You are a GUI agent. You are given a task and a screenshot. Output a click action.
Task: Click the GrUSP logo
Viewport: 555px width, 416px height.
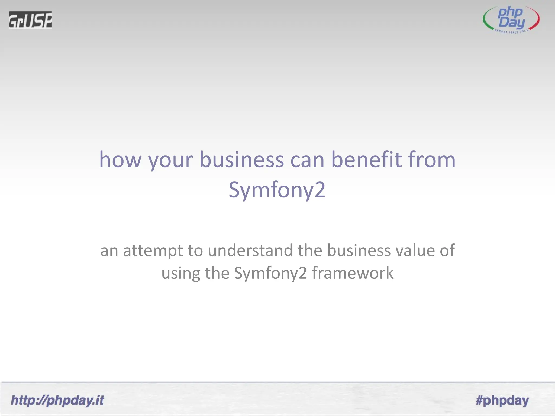[x=30, y=20]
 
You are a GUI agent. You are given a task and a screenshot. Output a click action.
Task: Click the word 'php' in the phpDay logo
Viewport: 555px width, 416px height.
[x=510, y=12]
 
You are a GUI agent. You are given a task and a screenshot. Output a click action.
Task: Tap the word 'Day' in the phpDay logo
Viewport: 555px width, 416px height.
[x=511, y=23]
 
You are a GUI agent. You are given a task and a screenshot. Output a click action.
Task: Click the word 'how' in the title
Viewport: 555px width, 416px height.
[x=120, y=160]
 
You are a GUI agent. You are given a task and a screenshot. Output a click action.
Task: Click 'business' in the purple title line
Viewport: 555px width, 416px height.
[x=241, y=160]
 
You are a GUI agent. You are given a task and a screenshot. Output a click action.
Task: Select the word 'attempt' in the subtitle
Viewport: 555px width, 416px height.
[x=153, y=251]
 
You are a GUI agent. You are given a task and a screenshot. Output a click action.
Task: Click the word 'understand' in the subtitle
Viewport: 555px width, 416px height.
[x=250, y=250]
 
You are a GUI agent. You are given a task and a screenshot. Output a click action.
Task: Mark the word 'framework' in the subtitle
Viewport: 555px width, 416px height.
[x=353, y=273]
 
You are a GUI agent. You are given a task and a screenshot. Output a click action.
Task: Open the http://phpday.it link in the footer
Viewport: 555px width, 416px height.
[x=57, y=400]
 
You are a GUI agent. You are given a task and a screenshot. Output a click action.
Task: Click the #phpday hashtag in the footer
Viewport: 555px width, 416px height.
[x=502, y=400]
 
